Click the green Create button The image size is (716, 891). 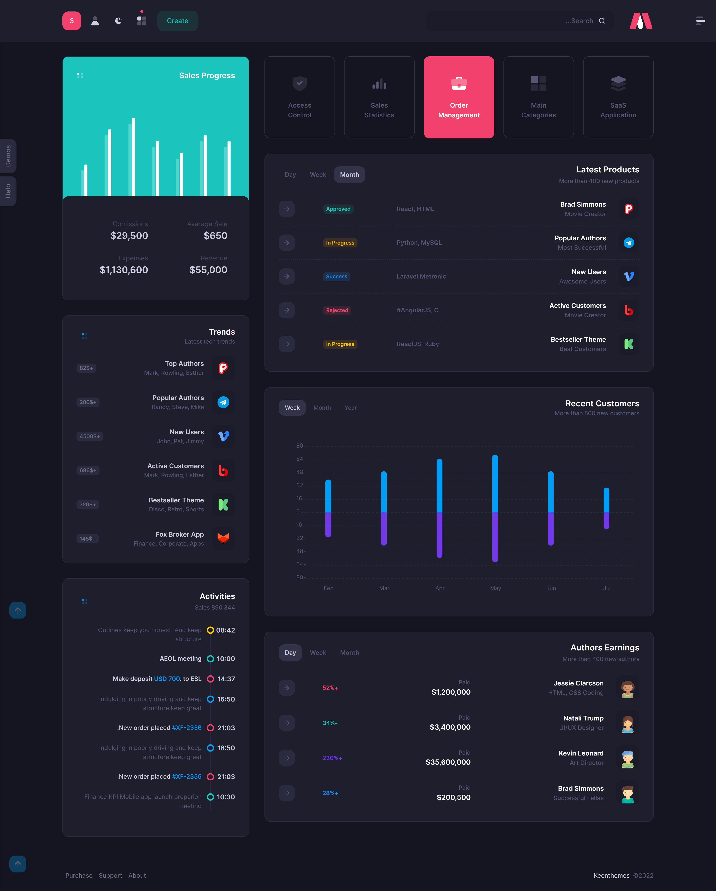pos(177,21)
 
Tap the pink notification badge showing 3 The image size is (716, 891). pos(72,21)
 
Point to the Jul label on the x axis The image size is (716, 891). pos(607,588)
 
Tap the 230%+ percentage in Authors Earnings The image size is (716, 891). pos(332,758)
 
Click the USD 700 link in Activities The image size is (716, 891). pos(167,679)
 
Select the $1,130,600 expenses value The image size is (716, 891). pos(124,270)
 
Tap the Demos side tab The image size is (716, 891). pos(8,156)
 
